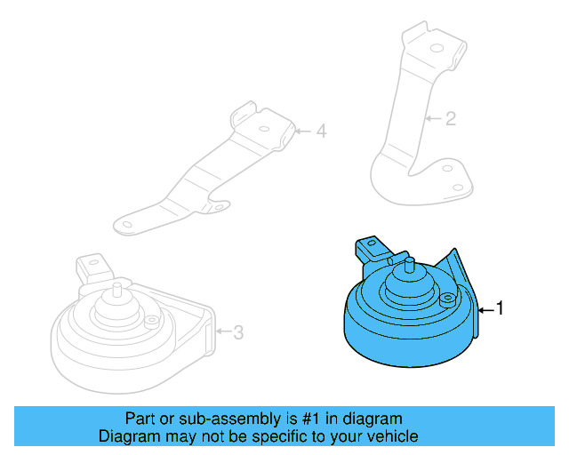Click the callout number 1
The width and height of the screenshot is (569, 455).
click(x=500, y=308)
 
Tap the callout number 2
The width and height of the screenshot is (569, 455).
click(x=450, y=117)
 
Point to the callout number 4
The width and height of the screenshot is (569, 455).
click(x=321, y=132)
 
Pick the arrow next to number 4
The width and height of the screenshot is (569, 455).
click(x=303, y=132)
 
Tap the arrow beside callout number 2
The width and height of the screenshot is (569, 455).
click(x=433, y=117)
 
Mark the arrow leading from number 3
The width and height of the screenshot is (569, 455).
click(x=222, y=332)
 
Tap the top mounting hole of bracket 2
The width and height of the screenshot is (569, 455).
click(x=437, y=47)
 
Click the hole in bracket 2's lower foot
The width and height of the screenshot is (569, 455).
click(x=459, y=186)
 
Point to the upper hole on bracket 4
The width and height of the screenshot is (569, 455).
click(x=264, y=128)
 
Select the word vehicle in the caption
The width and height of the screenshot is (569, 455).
click(x=391, y=436)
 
